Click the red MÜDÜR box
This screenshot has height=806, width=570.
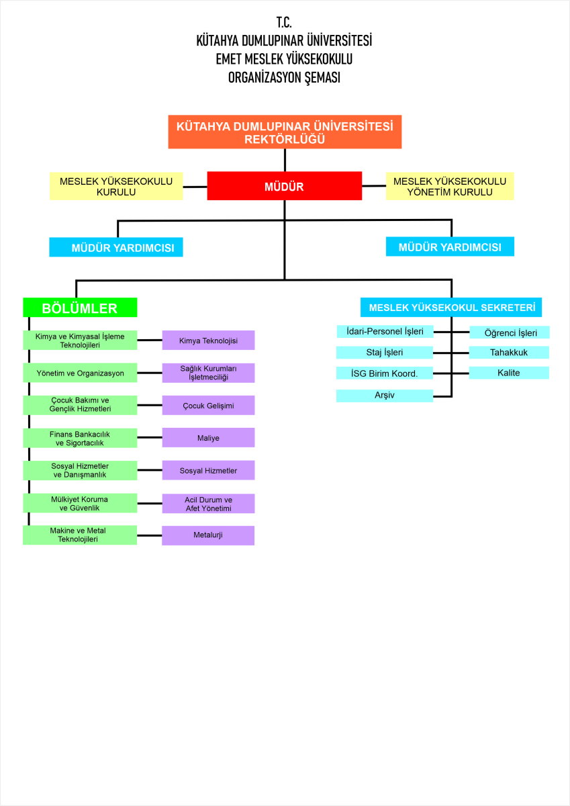pyautogui.click(x=284, y=186)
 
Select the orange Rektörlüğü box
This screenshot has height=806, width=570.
pyautogui.click(x=284, y=132)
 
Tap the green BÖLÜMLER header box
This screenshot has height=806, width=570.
pyautogui.click(x=80, y=308)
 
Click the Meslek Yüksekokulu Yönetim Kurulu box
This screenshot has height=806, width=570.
pyautogui.click(x=450, y=186)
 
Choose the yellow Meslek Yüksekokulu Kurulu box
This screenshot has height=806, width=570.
pyautogui.click(x=116, y=186)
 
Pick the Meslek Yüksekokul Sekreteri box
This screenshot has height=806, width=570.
pyautogui.click(x=450, y=307)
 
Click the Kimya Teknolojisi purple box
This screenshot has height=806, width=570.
pyautogui.click(x=208, y=341)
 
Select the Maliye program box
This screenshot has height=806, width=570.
pyautogui.click(x=208, y=438)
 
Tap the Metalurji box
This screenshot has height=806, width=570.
pyautogui.click(x=208, y=535)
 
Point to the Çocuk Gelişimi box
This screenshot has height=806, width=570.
pyautogui.click(x=208, y=406)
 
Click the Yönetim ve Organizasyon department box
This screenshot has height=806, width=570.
pyautogui.click(x=80, y=373)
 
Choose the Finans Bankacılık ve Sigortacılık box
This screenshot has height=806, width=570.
pyautogui.click(x=80, y=438)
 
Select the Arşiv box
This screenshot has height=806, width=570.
pyautogui.click(x=385, y=396)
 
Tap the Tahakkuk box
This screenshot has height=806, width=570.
pyautogui.click(x=509, y=352)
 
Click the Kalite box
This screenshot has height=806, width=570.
pyautogui.click(x=509, y=372)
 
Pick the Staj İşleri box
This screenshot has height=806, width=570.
pyautogui.click(x=385, y=353)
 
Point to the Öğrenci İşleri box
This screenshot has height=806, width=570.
pyautogui.click(x=509, y=332)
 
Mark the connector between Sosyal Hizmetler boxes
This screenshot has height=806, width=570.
pyautogui.click(x=149, y=470)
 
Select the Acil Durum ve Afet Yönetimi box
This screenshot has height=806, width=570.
pyautogui.click(x=208, y=503)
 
